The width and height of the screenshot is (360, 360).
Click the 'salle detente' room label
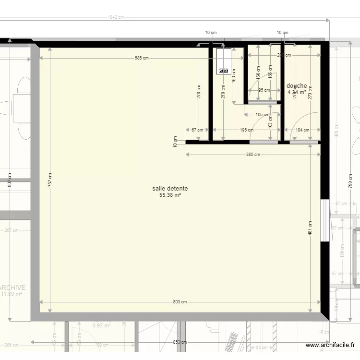170,189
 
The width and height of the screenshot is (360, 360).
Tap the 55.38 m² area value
170,195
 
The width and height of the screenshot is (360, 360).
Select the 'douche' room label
297,86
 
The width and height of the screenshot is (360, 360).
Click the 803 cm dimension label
180,302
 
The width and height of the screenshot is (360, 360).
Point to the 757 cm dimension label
50,180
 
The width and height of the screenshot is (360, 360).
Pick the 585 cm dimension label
142,58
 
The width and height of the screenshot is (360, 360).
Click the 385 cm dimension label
253,155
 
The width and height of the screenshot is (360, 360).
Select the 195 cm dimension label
247,130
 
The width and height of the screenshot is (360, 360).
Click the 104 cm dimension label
302,130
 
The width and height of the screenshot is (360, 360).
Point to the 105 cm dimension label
263,115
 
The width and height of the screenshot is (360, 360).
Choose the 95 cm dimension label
264,90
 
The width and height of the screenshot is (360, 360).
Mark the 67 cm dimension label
197,130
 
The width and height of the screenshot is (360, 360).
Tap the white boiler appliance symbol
223,61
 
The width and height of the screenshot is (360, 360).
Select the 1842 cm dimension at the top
116,17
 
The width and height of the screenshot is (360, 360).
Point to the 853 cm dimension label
180,342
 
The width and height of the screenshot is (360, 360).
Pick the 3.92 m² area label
101,325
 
